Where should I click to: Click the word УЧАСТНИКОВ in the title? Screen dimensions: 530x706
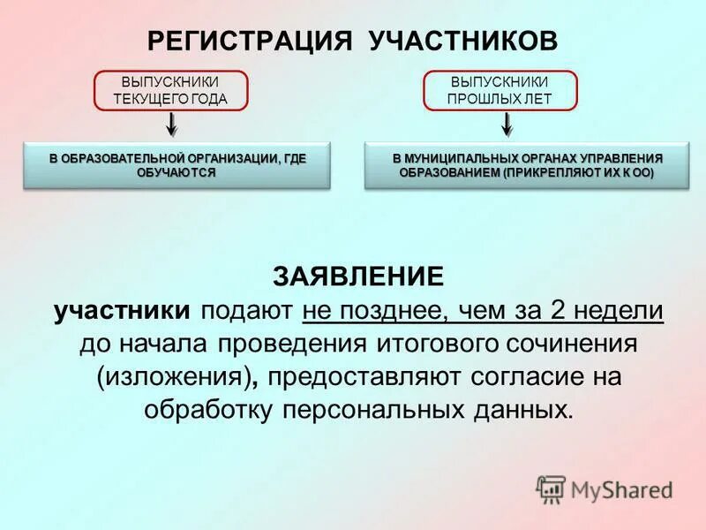click(462, 41)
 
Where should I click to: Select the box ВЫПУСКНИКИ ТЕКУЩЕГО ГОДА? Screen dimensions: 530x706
click(170, 90)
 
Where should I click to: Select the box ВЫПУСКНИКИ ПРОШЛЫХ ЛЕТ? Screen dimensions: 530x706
click(499, 90)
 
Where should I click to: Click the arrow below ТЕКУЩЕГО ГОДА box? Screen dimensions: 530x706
click(172, 123)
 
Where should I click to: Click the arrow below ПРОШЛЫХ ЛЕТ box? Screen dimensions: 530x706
click(507, 123)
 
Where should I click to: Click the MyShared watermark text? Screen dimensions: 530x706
click(622, 488)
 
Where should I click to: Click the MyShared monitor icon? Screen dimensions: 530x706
click(551, 488)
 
